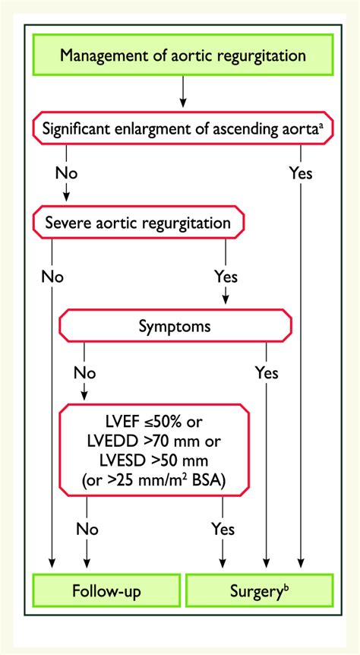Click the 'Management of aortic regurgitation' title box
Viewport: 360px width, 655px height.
click(183, 55)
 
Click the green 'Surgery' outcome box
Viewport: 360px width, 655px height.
click(259, 590)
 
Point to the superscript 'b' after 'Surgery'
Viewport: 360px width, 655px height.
click(287, 585)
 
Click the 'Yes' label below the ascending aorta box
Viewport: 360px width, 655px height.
click(301, 172)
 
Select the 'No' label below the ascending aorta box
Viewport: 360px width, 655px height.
click(67, 172)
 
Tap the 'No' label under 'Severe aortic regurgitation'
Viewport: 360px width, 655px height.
click(52, 274)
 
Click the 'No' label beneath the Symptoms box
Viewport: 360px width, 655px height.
click(85, 373)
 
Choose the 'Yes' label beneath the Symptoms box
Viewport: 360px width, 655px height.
click(267, 373)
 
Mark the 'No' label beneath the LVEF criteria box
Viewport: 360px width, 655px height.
click(87, 529)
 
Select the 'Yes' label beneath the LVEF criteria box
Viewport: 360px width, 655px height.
click(223, 529)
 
